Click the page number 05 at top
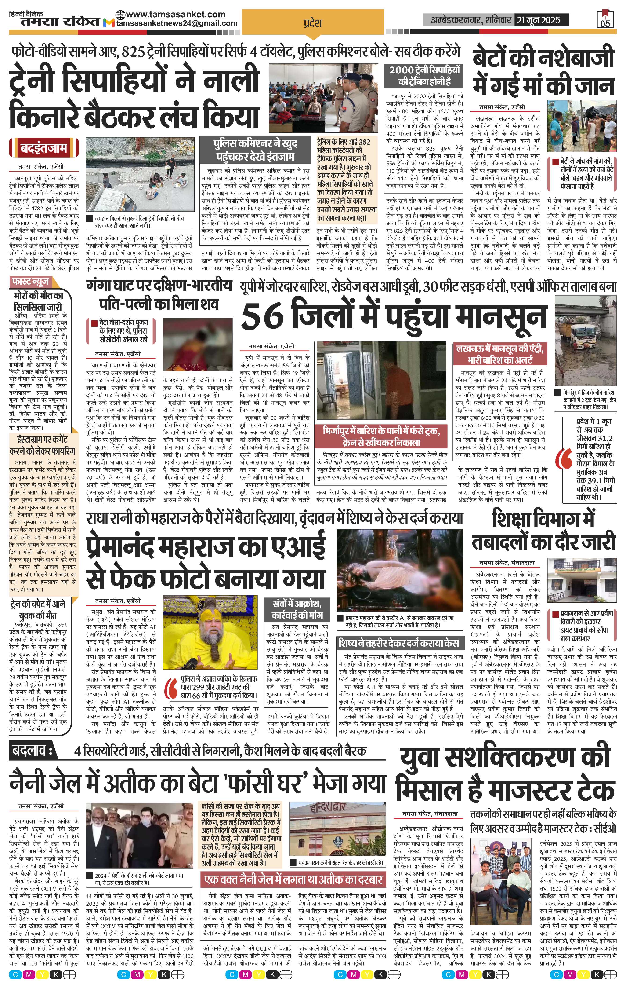tap(606, 23)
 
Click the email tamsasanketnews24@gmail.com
tap(177, 23)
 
